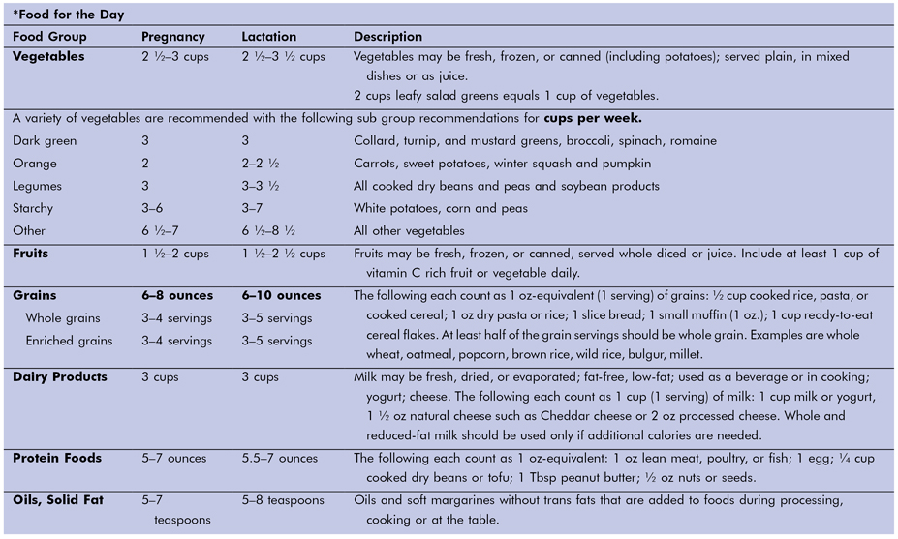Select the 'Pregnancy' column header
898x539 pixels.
pos(173,37)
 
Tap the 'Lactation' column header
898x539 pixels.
pos(268,37)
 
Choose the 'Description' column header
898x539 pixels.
pos(387,37)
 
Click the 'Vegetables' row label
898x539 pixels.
pos(48,57)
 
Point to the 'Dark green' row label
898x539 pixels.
pos(45,140)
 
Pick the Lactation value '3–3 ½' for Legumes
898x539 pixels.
pos(261,186)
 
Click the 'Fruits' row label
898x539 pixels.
pos(31,254)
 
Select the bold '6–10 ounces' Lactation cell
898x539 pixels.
pos(281,295)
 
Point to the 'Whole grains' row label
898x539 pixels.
pos(64,318)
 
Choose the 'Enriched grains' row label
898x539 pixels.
pos(69,341)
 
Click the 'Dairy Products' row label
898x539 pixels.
pos(60,376)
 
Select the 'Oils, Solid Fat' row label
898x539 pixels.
pos(58,500)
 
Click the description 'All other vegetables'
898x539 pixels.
pos(409,231)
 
